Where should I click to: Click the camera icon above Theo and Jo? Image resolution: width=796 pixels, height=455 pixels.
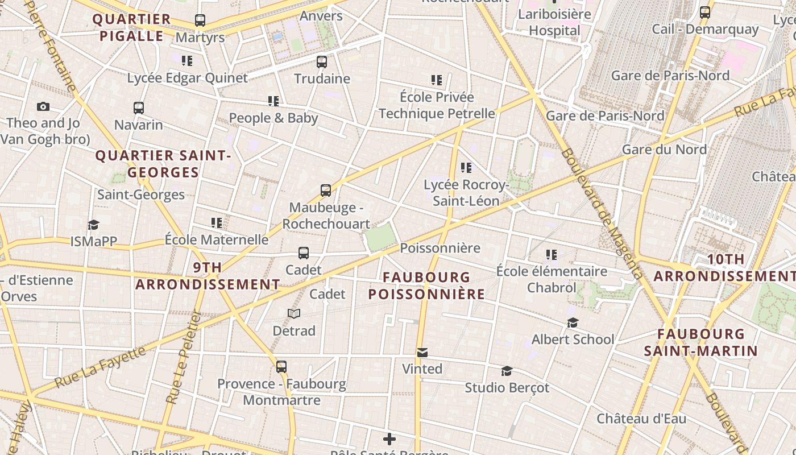pyautogui.click(x=43, y=106)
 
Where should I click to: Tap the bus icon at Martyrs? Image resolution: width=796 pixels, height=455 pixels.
pyautogui.click(x=200, y=20)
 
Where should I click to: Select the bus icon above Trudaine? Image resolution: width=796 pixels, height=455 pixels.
pyautogui.click(x=322, y=61)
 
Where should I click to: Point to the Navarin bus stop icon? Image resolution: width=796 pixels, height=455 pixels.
pyautogui.click(x=139, y=107)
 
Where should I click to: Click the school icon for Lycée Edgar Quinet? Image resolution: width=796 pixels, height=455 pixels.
pyautogui.click(x=187, y=60)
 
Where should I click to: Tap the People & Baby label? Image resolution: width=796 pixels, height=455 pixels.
pyautogui.click(x=273, y=118)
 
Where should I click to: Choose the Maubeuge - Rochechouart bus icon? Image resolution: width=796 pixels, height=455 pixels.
pyautogui.click(x=326, y=191)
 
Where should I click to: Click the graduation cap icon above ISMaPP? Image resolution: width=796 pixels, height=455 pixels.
pyautogui.click(x=93, y=225)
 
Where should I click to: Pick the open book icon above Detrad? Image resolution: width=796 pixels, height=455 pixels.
pyautogui.click(x=294, y=313)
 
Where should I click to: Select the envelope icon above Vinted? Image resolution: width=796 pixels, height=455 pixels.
pyautogui.click(x=422, y=353)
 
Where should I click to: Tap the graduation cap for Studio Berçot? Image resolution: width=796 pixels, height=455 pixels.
pyautogui.click(x=507, y=371)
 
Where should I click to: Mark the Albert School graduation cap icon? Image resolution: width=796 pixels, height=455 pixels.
pyautogui.click(x=573, y=322)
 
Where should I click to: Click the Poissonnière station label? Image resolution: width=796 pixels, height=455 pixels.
pyautogui.click(x=440, y=248)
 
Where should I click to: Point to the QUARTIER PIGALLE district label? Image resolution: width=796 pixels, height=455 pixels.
pyautogui.click(x=132, y=27)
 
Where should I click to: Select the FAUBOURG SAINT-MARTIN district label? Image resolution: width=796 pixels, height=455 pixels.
pyautogui.click(x=701, y=342)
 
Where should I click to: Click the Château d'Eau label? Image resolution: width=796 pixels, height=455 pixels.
pyautogui.click(x=641, y=419)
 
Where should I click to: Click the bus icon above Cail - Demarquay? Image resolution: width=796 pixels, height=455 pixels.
pyautogui.click(x=705, y=12)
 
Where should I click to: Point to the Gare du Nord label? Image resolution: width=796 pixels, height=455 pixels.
pyautogui.click(x=664, y=150)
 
